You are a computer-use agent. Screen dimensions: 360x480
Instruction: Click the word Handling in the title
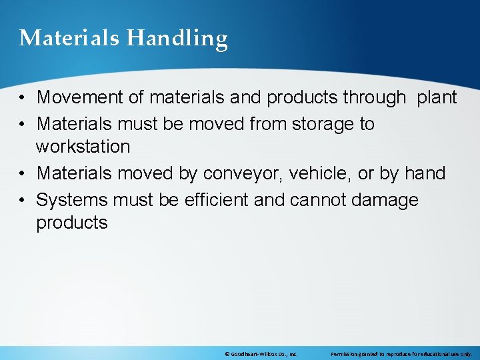177,39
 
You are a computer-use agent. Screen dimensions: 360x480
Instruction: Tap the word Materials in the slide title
69,38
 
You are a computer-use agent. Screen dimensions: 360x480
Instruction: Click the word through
374,97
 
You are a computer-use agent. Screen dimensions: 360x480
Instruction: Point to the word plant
437,97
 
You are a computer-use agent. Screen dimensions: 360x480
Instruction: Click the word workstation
83,146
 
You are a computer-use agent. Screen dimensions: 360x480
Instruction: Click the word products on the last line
71,223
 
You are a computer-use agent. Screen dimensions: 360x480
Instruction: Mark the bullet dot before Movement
23,98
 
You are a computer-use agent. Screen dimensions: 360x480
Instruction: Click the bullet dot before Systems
23,201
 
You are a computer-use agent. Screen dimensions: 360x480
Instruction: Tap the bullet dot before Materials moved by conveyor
23,174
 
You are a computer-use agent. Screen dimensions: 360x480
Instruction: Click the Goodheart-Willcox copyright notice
261,354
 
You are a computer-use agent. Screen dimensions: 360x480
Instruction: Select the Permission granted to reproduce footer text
401,354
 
